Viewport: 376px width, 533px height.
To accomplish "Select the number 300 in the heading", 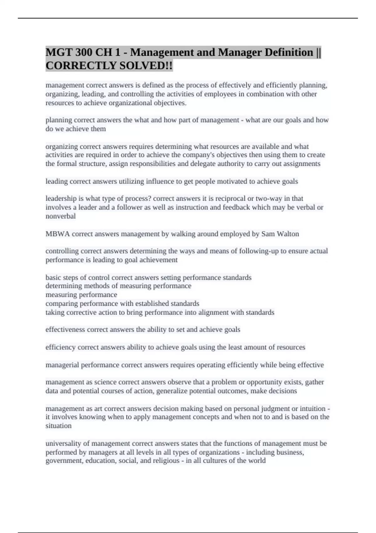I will pos(83,52).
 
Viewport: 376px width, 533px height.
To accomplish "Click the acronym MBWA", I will pos(58,234).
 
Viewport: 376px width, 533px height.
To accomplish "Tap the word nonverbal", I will pos(60,216).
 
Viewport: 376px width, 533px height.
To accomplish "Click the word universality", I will pos(61,443).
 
